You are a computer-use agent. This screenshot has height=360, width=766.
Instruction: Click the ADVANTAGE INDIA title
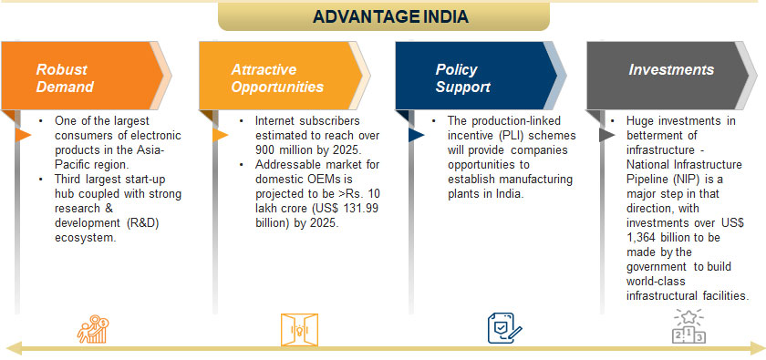[390, 16]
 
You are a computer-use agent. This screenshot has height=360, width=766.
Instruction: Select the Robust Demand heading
[65, 78]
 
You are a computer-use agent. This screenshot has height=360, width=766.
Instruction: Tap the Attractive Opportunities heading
[277, 78]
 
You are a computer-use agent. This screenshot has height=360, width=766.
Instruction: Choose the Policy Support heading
[462, 78]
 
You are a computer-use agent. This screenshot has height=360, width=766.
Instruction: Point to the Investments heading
[671, 70]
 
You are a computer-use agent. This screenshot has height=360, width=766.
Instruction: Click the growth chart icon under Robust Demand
[93, 329]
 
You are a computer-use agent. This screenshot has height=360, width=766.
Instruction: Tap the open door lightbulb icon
[299, 330]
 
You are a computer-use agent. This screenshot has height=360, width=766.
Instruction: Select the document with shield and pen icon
[504, 328]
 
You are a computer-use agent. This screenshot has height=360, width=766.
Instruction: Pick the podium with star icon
[688, 326]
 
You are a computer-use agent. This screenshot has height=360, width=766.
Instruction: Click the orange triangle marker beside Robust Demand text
[23, 135]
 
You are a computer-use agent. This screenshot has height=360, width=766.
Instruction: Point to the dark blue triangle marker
[416, 135]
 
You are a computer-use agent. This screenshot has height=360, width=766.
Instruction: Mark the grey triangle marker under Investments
[606, 135]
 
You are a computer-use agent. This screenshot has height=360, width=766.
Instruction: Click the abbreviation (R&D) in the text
[146, 223]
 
